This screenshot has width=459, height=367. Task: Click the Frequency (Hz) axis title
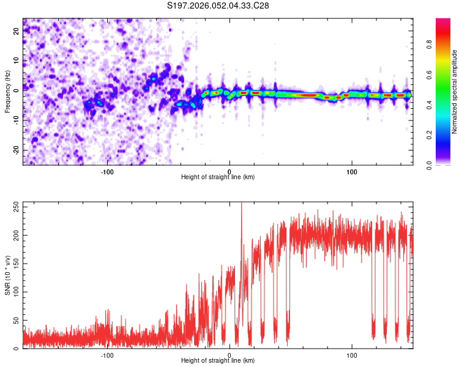7,92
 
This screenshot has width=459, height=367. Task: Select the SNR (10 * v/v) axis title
7,275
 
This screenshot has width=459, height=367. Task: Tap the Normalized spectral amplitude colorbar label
454,92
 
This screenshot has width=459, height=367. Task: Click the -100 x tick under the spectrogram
108,171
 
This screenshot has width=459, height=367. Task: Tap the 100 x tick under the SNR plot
352,354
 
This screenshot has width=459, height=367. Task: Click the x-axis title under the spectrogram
218,177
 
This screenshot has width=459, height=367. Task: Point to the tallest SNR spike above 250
241,204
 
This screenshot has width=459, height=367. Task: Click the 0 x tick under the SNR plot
229,354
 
